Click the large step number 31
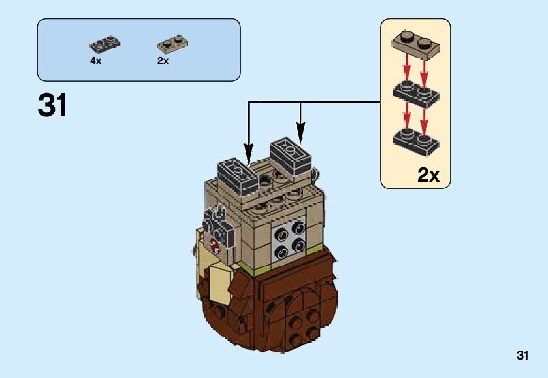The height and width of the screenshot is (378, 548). pos(53,105)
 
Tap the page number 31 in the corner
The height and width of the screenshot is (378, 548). pos(521,356)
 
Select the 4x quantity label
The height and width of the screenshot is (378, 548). pos(96,61)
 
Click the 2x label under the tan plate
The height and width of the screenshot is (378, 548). pos(163,61)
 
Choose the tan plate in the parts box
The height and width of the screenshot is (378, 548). pos(172,44)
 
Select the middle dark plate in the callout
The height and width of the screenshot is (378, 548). pos(415,93)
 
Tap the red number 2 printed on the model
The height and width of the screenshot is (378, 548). pos(214,245)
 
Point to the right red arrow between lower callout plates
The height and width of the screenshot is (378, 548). pos(425,118)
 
